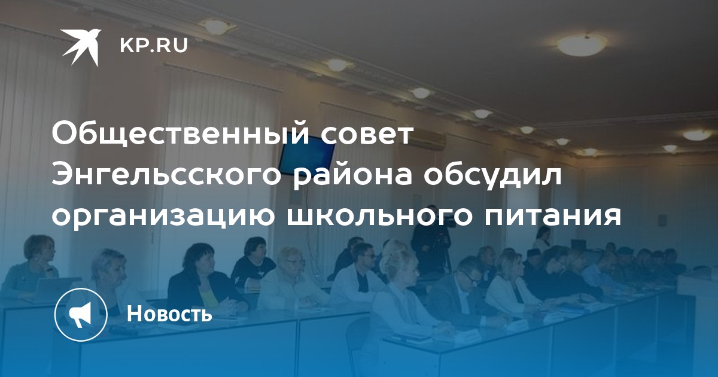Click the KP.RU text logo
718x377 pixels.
(x=154, y=46)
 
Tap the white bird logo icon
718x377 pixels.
(x=81, y=47)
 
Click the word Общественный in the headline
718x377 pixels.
(x=181, y=134)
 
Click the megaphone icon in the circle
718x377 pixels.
(x=80, y=315)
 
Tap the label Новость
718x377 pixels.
(x=169, y=314)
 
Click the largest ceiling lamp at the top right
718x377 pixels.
(x=582, y=44)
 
